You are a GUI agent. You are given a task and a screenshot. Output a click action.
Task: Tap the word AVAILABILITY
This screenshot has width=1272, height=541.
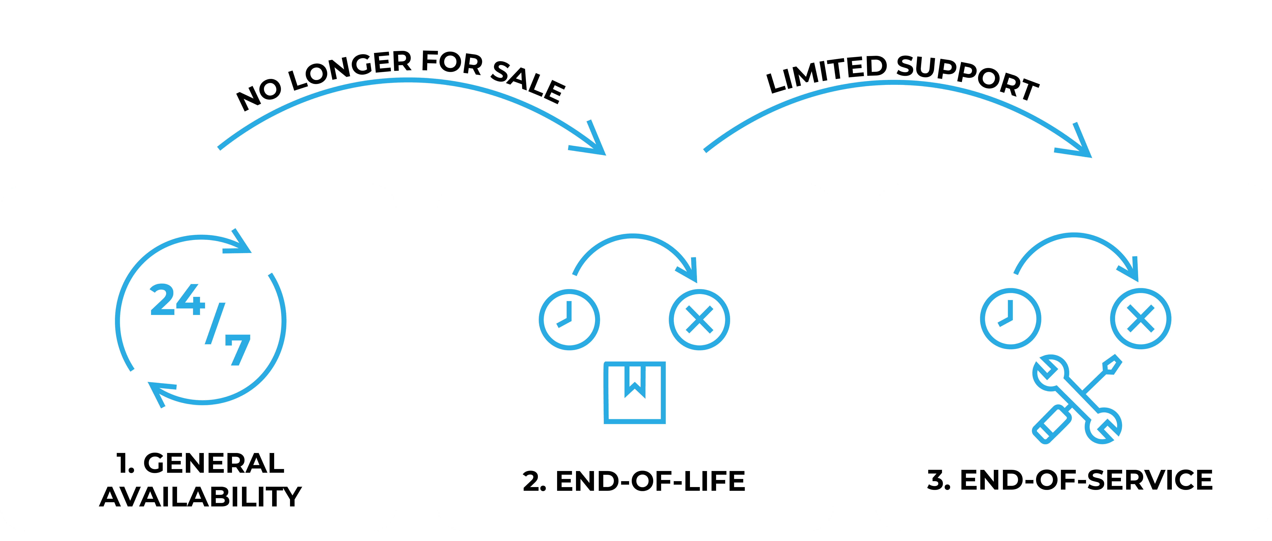click(x=200, y=496)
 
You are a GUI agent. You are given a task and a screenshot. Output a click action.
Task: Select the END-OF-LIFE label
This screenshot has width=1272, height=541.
click(x=650, y=481)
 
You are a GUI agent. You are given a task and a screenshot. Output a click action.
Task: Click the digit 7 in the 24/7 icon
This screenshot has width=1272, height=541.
click(x=238, y=350)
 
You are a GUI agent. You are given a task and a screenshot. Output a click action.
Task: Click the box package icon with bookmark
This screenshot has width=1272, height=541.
click(x=634, y=392)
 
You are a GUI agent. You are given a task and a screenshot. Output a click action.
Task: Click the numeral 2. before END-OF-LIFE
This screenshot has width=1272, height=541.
click(x=534, y=481)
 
